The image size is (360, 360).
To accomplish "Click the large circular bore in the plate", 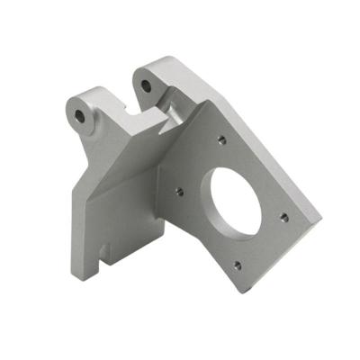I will coord(232,199).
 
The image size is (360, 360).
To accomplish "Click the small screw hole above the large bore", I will coord(221,140).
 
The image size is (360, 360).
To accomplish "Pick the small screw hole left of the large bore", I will coord(179,190).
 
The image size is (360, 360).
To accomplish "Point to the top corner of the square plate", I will coord(209,102).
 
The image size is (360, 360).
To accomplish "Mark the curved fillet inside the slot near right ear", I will coord(170,112).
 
